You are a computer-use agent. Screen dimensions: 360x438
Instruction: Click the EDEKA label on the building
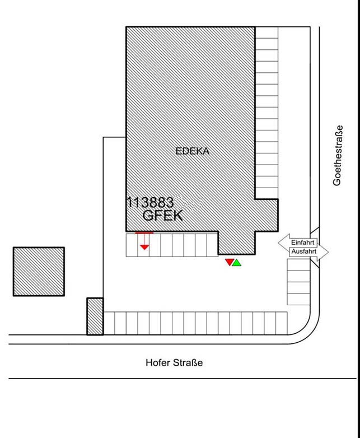click(x=193, y=151)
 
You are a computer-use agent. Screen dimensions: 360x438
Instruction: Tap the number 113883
click(x=150, y=202)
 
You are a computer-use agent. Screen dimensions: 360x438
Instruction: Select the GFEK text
click(x=162, y=216)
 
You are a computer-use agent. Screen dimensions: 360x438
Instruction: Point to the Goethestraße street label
click(x=338, y=155)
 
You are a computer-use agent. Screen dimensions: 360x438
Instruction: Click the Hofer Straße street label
click(x=174, y=362)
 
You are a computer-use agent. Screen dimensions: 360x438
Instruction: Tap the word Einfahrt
click(x=302, y=243)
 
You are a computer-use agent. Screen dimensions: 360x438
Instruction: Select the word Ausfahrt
click(x=304, y=251)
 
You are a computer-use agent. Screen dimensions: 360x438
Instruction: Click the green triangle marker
click(x=237, y=263)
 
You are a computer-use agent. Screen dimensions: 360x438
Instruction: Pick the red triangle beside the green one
click(x=230, y=262)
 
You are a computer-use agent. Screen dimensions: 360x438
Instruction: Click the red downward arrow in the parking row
click(x=144, y=241)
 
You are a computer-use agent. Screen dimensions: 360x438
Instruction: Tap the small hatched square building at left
click(x=39, y=272)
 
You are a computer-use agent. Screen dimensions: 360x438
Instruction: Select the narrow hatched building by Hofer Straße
click(x=95, y=316)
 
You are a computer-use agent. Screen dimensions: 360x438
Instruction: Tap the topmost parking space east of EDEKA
click(x=267, y=32)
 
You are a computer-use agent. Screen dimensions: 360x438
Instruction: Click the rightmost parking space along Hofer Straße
click(x=281, y=323)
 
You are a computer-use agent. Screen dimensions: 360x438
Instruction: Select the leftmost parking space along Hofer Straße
click(x=109, y=323)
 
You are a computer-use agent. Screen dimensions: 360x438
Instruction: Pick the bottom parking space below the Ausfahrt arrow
click(x=298, y=299)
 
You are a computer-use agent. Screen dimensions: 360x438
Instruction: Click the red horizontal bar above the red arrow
click(x=144, y=232)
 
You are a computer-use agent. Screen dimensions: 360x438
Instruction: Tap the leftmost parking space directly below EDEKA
click(x=132, y=245)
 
